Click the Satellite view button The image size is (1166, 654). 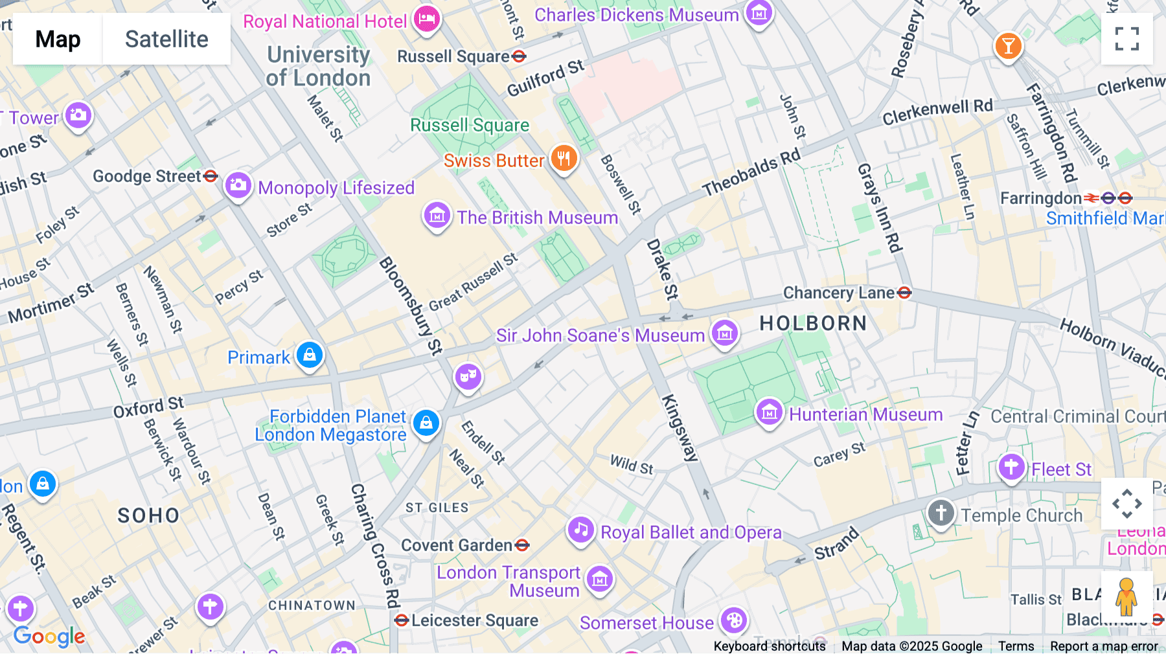click(166, 39)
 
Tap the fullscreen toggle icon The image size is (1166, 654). click(1126, 39)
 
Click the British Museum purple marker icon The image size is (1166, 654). click(437, 216)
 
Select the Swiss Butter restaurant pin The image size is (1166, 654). click(564, 158)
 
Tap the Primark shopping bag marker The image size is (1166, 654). click(310, 355)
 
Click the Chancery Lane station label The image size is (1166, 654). click(839, 293)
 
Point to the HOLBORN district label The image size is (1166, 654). click(813, 323)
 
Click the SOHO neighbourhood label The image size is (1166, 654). click(148, 515)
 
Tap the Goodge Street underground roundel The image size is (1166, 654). click(211, 176)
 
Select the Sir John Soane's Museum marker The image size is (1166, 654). click(725, 334)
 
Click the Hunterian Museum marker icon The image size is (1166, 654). click(769, 412)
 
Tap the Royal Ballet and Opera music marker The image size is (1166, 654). click(581, 530)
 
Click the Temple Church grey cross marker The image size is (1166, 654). click(941, 513)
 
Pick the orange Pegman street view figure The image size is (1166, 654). click(1126, 596)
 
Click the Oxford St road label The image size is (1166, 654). click(148, 407)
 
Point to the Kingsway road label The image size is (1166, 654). click(680, 427)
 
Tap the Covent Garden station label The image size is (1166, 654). click(457, 545)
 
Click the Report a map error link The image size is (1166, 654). click(1104, 646)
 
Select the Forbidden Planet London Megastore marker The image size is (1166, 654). click(426, 423)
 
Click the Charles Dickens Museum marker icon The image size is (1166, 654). click(759, 12)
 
